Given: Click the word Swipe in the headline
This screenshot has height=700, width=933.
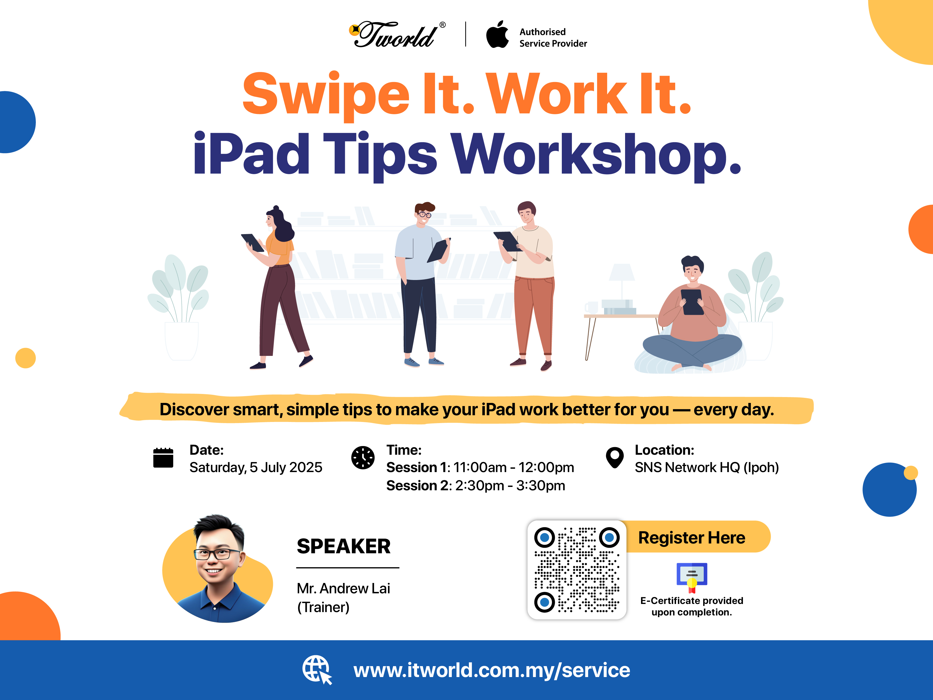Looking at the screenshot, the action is [326, 95].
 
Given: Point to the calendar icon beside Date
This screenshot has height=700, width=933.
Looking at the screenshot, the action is [163, 458].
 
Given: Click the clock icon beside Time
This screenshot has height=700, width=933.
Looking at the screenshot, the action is [363, 458].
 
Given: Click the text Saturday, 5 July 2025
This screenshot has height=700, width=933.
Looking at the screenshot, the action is [256, 468].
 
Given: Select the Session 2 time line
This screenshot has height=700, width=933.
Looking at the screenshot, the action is [476, 486].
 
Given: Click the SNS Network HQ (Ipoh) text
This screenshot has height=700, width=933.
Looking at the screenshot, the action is [707, 468].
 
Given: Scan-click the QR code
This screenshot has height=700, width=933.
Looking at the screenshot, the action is [577, 570].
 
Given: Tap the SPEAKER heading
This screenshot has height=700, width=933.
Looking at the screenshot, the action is [344, 546].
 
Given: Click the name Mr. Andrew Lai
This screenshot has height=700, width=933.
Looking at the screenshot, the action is [343, 588].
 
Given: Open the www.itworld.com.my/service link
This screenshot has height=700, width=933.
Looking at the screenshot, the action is [492, 670].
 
